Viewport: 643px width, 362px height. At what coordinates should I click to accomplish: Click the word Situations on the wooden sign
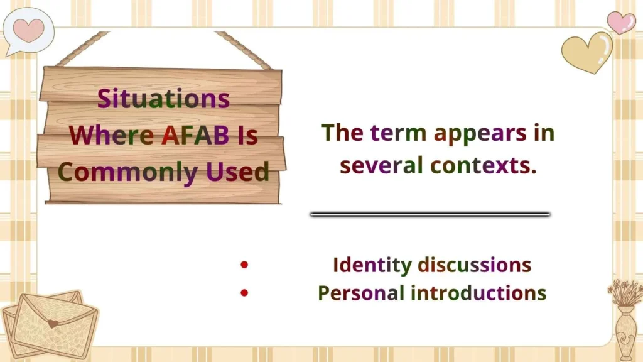click(163, 99)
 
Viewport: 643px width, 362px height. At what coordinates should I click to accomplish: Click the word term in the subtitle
click(396, 133)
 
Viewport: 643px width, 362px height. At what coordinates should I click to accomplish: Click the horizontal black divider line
click(430, 214)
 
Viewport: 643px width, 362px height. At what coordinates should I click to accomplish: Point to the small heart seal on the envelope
click(53, 324)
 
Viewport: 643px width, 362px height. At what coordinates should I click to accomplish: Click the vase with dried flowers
click(625, 321)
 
